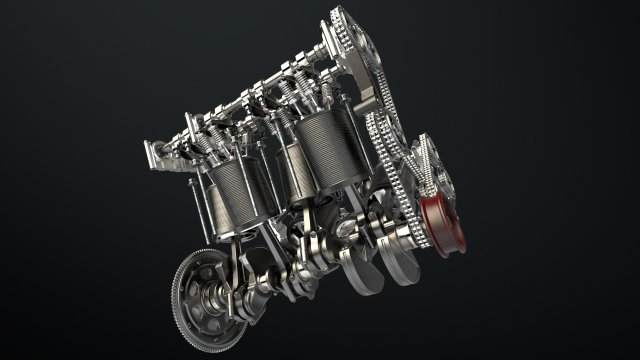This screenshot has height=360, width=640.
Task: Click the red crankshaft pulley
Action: click(x=441, y=226)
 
